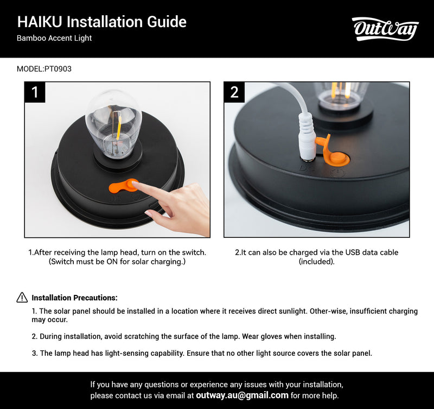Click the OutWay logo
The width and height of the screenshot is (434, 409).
click(x=385, y=29)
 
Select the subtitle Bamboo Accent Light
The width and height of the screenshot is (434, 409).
click(x=54, y=39)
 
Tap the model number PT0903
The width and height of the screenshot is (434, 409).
click(x=58, y=69)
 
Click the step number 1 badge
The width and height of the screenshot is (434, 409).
click(x=35, y=92)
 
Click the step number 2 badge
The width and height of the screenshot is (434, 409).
click(x=234, y=92)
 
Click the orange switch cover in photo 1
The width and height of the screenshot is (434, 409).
click(x=123, y=187)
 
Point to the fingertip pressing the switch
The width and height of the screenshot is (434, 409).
click(x=136, y=186)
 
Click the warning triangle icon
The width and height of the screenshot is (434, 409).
click(x=22, y=297)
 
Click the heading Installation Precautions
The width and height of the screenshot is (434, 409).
click(x=74, y=298)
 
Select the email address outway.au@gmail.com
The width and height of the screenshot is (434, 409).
click(x=242, y=395)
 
